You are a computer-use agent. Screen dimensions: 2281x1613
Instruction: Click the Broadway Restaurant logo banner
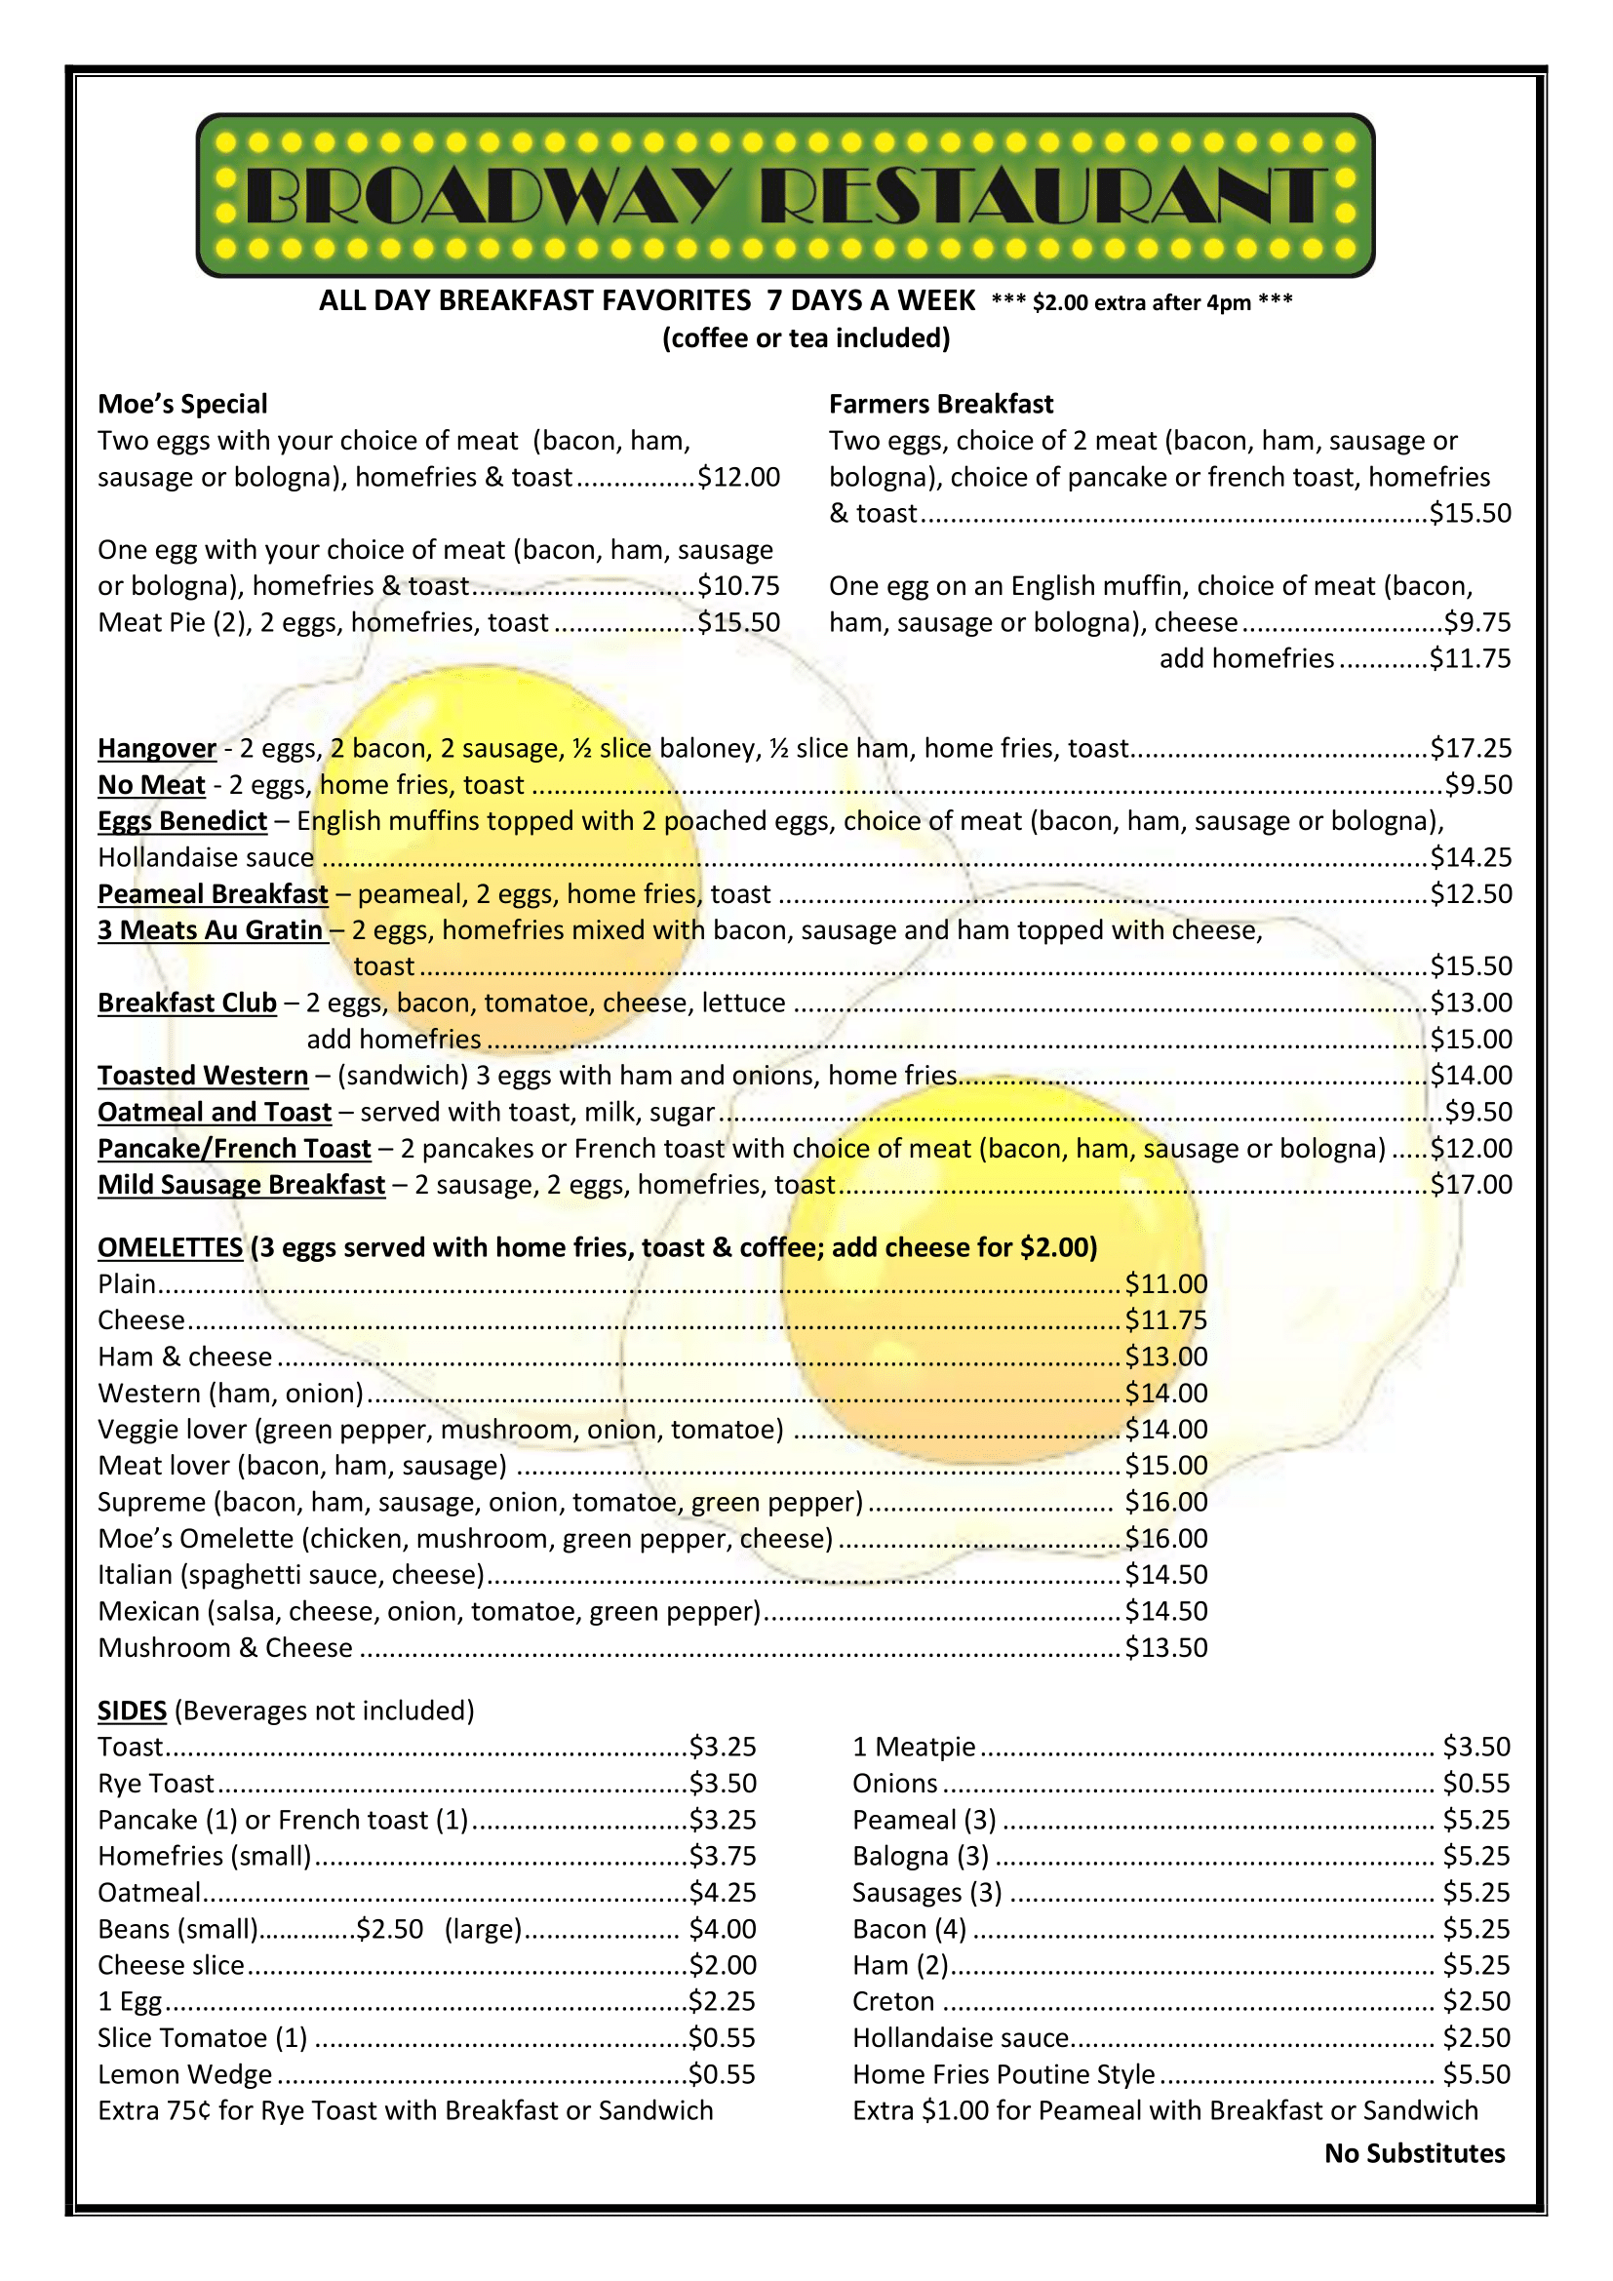[785, 195]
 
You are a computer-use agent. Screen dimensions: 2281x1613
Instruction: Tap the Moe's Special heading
[182, 405]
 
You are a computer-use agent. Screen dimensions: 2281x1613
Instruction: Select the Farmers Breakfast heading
[940, 405]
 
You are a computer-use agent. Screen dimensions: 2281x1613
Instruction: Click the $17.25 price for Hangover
[1470, 748]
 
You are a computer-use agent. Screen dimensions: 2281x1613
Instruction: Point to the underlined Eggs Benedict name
[182, 821]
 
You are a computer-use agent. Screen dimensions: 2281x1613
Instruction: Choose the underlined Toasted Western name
[204, 1076]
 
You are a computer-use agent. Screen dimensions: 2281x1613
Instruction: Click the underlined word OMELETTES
[170, 1248]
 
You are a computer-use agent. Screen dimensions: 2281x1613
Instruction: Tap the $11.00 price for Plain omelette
[1166, 1284]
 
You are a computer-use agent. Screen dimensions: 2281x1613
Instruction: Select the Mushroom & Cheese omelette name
[225, 1648]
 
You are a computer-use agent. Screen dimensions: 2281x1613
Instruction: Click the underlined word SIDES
[132, 1711]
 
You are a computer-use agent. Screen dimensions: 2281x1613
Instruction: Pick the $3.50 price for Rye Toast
[723, 1784]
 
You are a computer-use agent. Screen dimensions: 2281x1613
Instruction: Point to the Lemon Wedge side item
[184, 2074]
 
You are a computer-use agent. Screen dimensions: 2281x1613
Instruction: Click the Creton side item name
[893, 2002]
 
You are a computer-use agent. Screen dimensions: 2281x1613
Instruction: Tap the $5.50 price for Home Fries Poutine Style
[1475, 2074]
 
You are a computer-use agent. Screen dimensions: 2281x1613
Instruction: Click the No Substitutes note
[1414, 2154]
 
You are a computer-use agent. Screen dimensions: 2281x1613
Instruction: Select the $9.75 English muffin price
[1476, 623]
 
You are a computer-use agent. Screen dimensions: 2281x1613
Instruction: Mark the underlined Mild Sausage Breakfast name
[241, 1185]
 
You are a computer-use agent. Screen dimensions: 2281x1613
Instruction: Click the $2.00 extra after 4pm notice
[1141, 303]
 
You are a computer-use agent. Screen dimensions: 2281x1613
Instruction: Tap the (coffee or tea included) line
[806, 338]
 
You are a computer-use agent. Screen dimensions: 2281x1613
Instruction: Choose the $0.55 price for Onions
[1475, 1784]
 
